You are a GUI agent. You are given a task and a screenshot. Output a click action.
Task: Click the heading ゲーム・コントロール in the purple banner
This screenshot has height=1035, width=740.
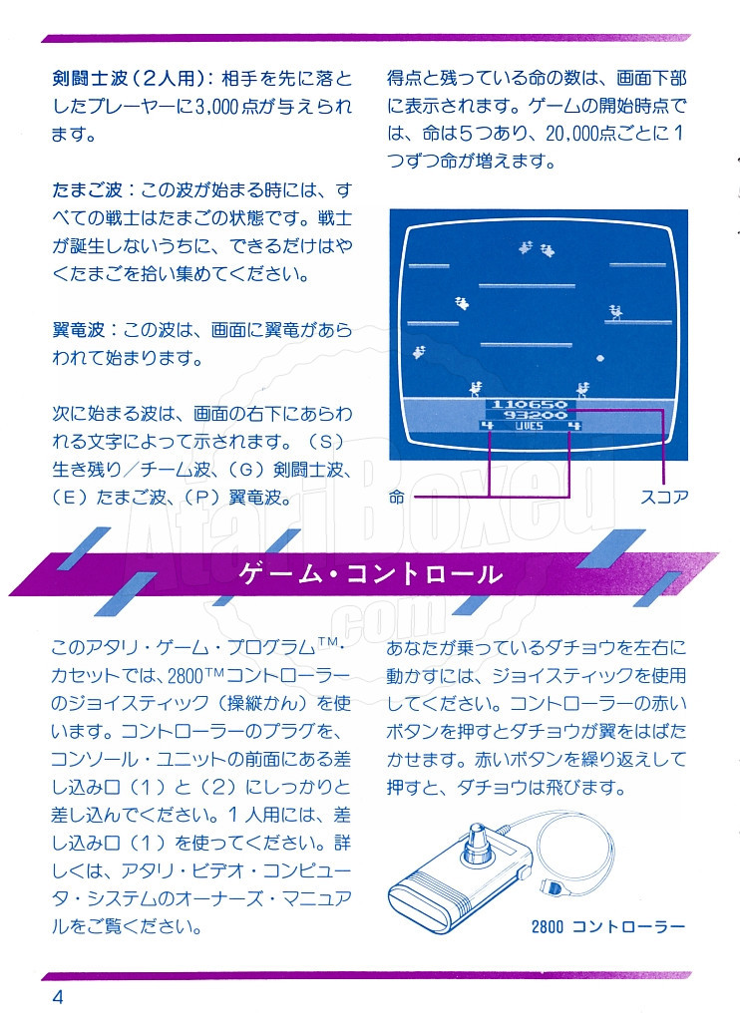(x=370, y=573)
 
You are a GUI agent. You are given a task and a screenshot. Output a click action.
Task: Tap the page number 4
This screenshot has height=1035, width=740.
(x=58, y=997)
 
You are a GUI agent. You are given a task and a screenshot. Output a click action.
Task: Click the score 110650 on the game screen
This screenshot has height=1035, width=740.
(x=530, y=403)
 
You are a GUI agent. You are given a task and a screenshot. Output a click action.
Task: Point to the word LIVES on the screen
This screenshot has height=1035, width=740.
(x=529, y=426)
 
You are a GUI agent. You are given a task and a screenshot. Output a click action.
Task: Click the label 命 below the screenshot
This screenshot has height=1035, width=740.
(x=396, y=497)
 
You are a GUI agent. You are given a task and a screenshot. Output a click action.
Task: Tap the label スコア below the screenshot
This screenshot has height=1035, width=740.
(x=664, y=497)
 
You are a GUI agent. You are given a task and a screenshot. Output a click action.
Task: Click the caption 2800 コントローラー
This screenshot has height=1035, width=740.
(x=608, y=926)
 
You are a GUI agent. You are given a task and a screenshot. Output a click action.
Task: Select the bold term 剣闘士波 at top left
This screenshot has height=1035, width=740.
(x=90, y=79)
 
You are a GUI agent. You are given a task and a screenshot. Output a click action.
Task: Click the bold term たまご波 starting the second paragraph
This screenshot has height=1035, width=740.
(x=87, y=190)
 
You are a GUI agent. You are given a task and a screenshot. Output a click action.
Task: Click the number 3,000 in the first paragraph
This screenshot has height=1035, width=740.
(x=217, y=107)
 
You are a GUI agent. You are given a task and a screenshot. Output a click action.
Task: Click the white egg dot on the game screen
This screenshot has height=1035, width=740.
(x=600, y=358)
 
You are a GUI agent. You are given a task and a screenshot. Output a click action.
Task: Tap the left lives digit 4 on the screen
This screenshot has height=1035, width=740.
(x=487, y=426)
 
